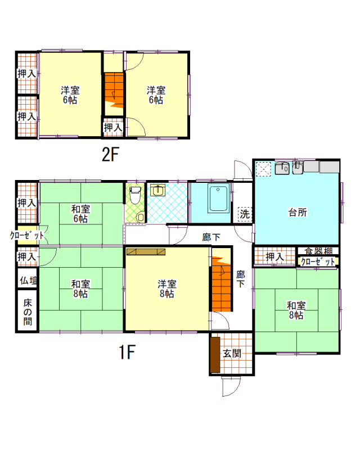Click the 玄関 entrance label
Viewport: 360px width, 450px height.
[x=232, y=353]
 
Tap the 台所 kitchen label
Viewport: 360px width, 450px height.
[x=298, y=213]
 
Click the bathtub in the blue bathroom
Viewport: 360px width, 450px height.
[x=218, y=199]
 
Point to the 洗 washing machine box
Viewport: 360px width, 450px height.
[x=245, y=214]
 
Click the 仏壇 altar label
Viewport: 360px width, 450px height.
[x=28, y=280]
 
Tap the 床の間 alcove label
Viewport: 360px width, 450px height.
[x=28, y=312]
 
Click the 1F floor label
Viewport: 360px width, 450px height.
[x=127, y=352]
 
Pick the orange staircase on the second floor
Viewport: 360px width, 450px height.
[x=114, y=91]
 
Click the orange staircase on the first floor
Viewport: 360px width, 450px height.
[x=222, y=284]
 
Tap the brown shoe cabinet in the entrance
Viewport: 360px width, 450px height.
[x=215, y=354]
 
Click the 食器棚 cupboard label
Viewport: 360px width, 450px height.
[x=318, y=251]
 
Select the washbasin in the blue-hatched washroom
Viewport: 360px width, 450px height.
[x=157, y=190]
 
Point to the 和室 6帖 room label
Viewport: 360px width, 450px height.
[x=80, y=214]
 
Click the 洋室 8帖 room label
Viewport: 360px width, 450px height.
[x=167, y=289]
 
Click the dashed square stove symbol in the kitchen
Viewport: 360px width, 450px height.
[x=263, y=169]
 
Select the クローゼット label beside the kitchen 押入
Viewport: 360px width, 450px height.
[x=318, y=262]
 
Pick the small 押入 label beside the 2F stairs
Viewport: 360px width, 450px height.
[x=113, y=127]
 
